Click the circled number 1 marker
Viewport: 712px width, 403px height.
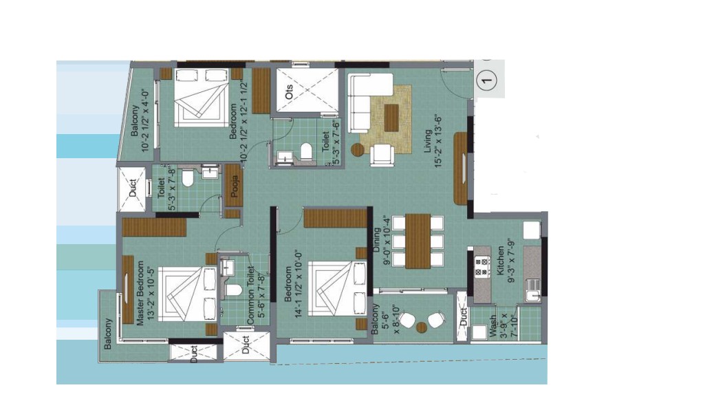(486, 80)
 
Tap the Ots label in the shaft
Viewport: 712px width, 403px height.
(289, 92)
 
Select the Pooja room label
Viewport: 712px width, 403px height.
(235, 186)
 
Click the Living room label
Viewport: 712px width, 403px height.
(428, 141)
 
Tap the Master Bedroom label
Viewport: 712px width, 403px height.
(140, 293)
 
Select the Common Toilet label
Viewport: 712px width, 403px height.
(250, 296)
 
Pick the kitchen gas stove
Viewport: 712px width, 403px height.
(482, 266)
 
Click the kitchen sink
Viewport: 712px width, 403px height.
(532, 291)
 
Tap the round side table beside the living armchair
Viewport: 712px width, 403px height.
(358, 150)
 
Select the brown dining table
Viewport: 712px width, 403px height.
(418, 241)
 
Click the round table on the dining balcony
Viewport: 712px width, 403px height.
(422, 327)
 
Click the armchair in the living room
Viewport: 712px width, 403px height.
(382, 155)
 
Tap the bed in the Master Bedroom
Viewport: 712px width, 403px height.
(188, 294)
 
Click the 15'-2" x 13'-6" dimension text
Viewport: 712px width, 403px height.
(439, 141)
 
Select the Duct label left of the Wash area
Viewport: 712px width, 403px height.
(463, 317)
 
